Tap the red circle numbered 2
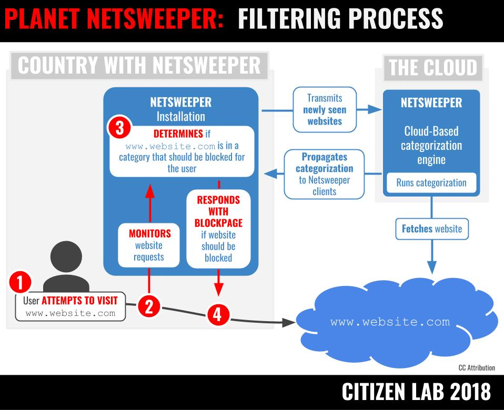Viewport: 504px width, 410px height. (x=149, y=306)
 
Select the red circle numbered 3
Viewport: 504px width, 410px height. (x=118, y=128)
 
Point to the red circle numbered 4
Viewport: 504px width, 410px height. (x=218, y=314)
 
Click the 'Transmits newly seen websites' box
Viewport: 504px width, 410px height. (x=325, y=109)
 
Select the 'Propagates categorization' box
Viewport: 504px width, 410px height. (x=325, y=174)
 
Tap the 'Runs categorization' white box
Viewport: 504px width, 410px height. (x=431, y=183)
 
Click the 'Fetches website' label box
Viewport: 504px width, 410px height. (x=431, y=229)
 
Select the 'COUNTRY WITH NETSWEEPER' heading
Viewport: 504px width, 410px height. (x=139, y=65)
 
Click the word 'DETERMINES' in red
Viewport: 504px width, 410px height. (x=177, y=133)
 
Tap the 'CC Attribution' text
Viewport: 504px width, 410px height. (x=476, y=368)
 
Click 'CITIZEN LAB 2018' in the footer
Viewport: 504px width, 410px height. (x=416, y=392)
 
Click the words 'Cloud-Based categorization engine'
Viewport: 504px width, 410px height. (x=432, y=145)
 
